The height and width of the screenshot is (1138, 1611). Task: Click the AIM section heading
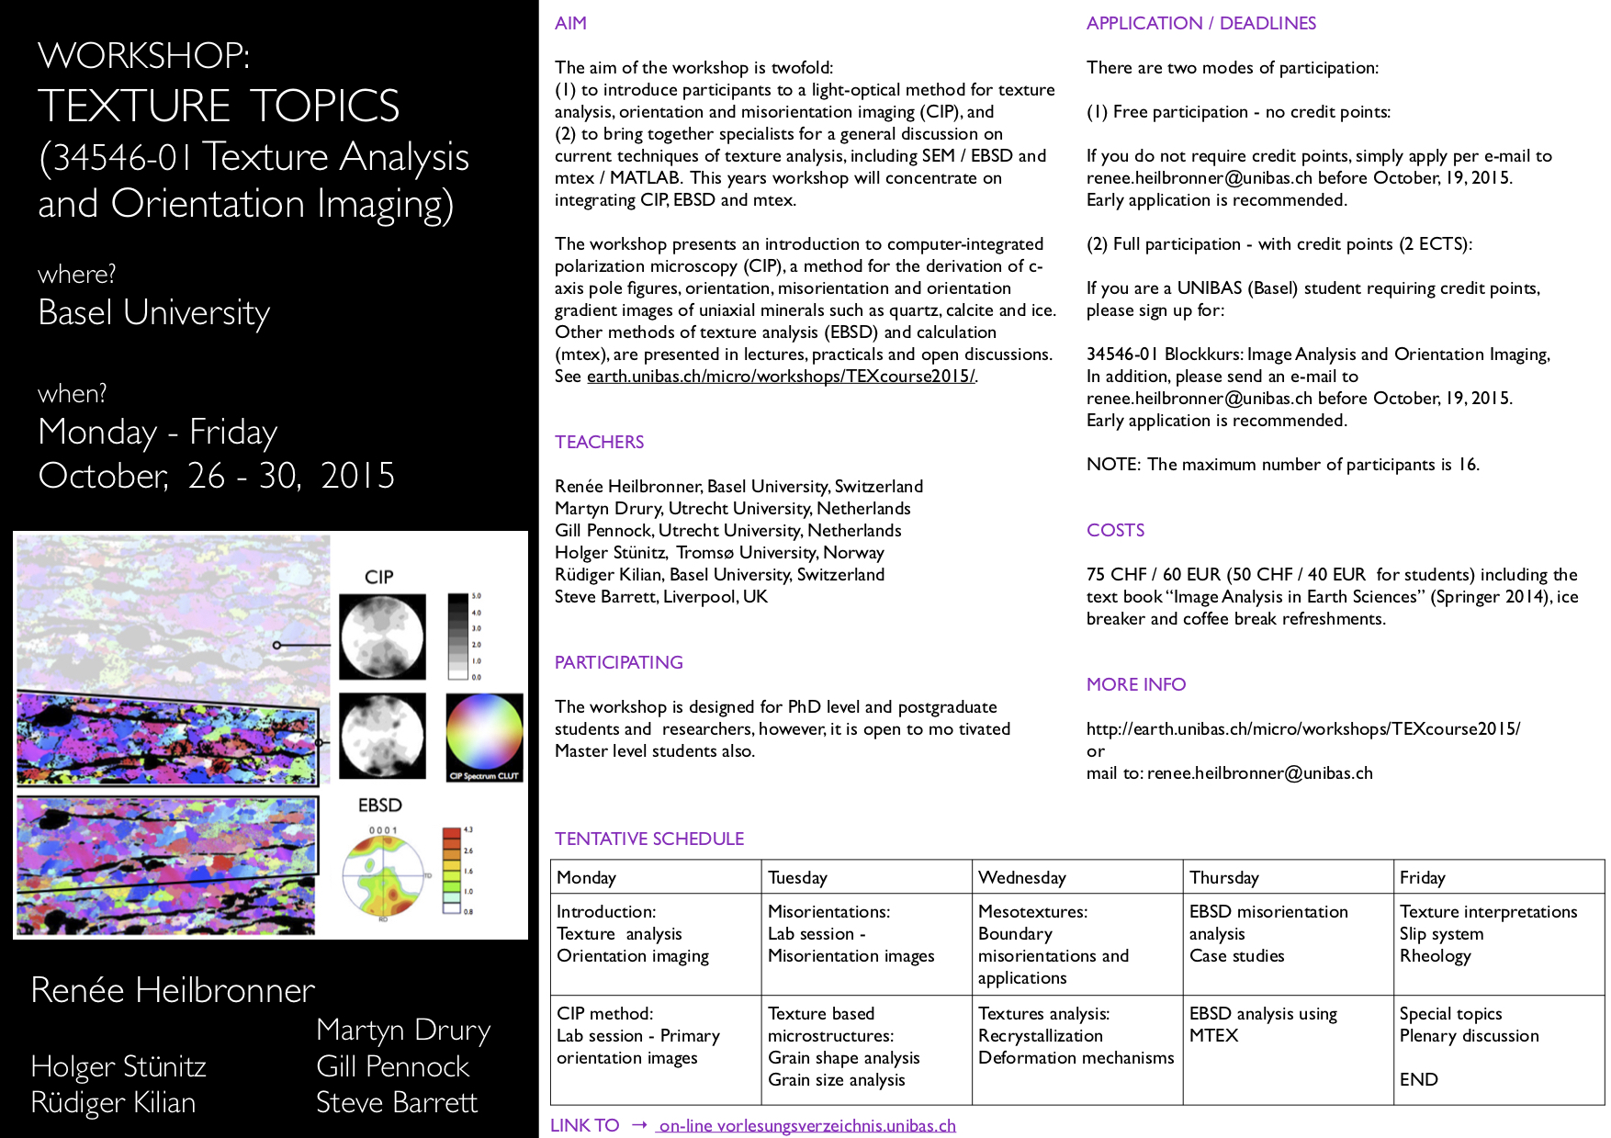(x=570, y=24)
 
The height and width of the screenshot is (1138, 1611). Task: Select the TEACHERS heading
(x=599, y=442)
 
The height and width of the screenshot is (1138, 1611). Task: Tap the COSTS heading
(x=1115, y=530)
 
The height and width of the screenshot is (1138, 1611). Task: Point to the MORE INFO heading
(x=1135, y=684)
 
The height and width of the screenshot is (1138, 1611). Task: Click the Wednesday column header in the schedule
(x=1021, y=877)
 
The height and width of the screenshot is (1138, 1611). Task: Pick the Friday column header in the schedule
(x=1422, y=877)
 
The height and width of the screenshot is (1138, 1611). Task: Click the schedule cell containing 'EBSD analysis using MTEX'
(x=1262, y=1024)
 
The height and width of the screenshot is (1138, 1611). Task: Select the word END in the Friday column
(x=1418, y=1079)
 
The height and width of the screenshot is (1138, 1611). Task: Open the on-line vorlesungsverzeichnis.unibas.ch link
(x=806, y=1125)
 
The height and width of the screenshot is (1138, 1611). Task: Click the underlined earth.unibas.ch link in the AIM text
(x=780, y=377)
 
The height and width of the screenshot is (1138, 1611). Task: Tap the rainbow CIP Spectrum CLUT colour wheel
(x=484, y=732)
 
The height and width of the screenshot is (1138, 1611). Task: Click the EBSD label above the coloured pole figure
(x=379, y=806)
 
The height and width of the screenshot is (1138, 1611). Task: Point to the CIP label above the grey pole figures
(x=378, y=577)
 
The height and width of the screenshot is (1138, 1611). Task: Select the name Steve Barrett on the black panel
(x=396, y=1102)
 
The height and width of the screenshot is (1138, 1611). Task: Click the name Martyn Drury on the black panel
(x=402, y=1030)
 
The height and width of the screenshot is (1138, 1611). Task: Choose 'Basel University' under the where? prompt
(x=153, y=313)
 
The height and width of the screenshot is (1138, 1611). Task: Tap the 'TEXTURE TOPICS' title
(x=219, y=106)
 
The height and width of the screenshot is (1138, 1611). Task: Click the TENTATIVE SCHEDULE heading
(x=648, y=839)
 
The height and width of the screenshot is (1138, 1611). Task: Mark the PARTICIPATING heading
(x=618, y=662)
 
